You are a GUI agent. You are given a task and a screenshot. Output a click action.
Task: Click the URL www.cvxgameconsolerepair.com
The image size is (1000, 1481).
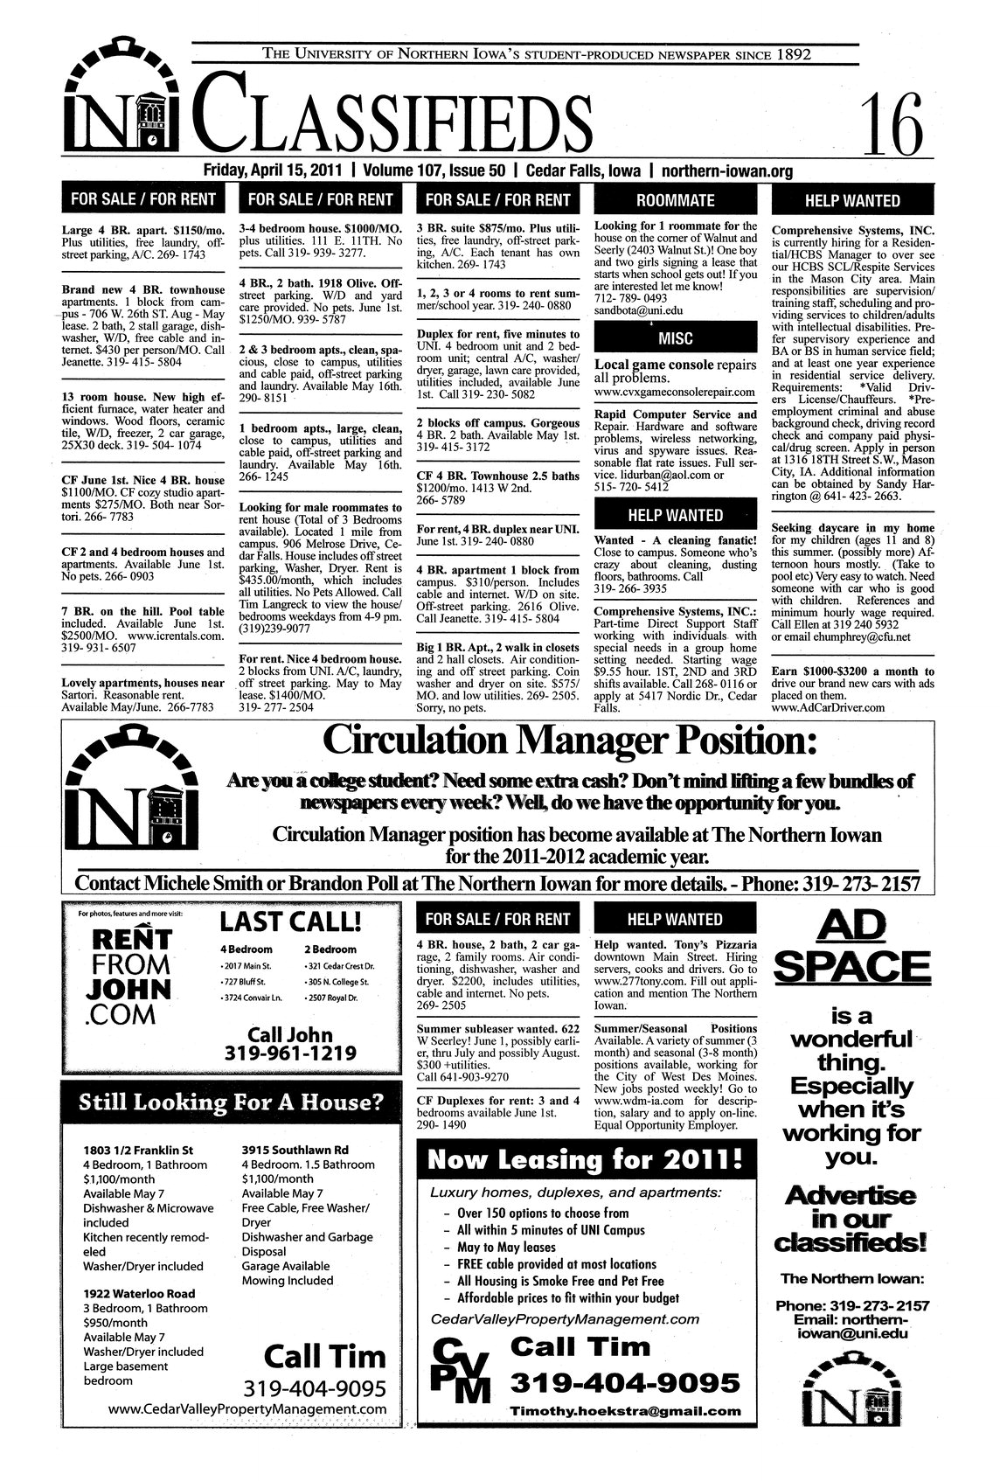point(674,393)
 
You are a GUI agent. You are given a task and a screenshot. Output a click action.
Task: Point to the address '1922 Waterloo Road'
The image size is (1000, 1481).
point(138,1293)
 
